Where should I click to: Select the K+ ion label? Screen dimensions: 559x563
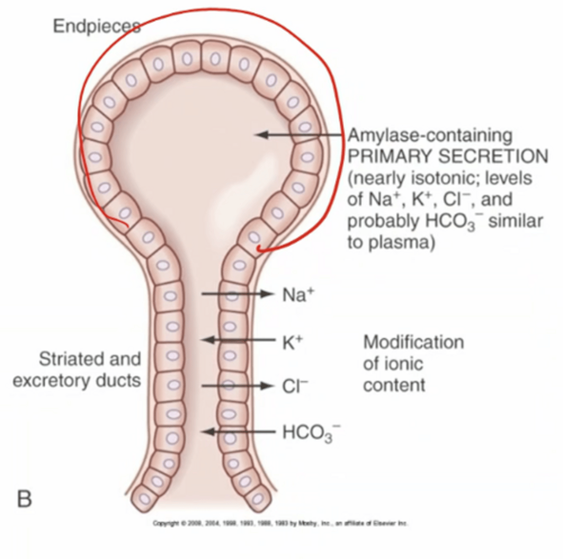[292, 342]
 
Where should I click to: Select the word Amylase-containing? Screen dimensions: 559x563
[430, 136]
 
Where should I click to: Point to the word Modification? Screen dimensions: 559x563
[413, 342]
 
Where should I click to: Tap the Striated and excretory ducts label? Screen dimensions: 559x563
[77, 370]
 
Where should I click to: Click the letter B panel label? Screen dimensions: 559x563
[24, 499]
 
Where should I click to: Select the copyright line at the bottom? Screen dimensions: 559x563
[280, 523]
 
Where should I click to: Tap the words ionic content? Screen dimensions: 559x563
[394, 375]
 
